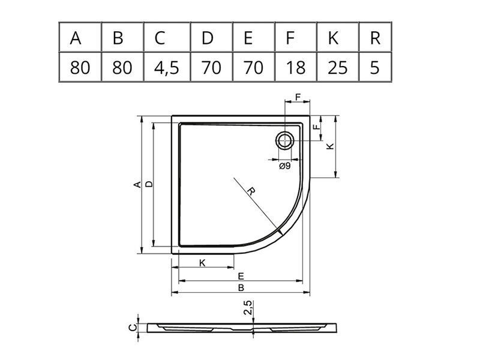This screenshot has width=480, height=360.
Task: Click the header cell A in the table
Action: point(80,37)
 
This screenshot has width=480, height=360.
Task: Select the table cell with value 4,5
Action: point(167,67)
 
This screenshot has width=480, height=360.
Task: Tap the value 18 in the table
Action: point(296,67)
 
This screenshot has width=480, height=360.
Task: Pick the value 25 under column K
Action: point(338,67)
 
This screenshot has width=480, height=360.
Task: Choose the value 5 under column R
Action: point(375,67)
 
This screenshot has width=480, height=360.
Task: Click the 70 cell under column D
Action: point(211,67)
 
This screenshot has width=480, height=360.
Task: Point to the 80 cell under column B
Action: point(122,67)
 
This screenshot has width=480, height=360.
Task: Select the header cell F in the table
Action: point(296,37)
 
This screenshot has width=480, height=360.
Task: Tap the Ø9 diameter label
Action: point(284,166)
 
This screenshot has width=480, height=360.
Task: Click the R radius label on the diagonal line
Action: point(251,191)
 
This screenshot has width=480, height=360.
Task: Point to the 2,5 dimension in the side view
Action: point(248,308)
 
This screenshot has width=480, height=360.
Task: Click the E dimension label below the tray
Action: point(241,277)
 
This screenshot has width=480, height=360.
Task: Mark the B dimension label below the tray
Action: point(241,288)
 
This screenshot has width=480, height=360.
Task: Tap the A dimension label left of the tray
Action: point(137,185)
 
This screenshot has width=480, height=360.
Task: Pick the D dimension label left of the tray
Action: point(149,184)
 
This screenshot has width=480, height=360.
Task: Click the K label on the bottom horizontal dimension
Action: point(202,263)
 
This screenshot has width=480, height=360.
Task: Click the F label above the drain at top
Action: point(298,97)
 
